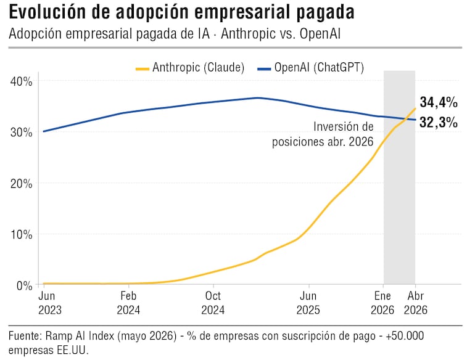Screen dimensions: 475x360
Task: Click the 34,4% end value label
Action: click(x=439, y=102)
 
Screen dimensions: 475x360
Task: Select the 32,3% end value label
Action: click(x=439, y=123)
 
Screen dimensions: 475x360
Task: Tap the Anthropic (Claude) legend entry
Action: click(x=190, y=68)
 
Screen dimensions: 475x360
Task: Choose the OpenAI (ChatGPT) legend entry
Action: click(x=310, y=68)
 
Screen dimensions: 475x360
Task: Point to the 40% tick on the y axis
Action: click(x=21, y=81)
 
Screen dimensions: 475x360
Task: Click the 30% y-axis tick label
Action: click(x=21, y=133)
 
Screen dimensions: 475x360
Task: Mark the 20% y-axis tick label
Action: click(x=21, y=184)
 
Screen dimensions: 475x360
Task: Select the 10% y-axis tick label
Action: click(x=21, y=234)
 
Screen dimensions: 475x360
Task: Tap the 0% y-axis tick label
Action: click(x=24, y=285)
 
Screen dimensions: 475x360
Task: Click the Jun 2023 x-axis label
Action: click(x=50, y=303)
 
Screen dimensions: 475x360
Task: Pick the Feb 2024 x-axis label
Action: click(x=128, y=303)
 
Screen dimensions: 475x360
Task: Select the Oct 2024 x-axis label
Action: click(x=213, y=303)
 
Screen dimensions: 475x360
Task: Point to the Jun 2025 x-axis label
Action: click(x=308, y=303)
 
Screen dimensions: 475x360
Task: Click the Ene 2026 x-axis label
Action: click(x=382, y=303)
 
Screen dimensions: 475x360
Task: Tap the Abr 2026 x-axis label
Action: click(x=416, y=303)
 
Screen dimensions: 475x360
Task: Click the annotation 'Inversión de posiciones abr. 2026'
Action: click(x=323, y=134)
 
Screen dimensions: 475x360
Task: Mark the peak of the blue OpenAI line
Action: click(x=258, y=98)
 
